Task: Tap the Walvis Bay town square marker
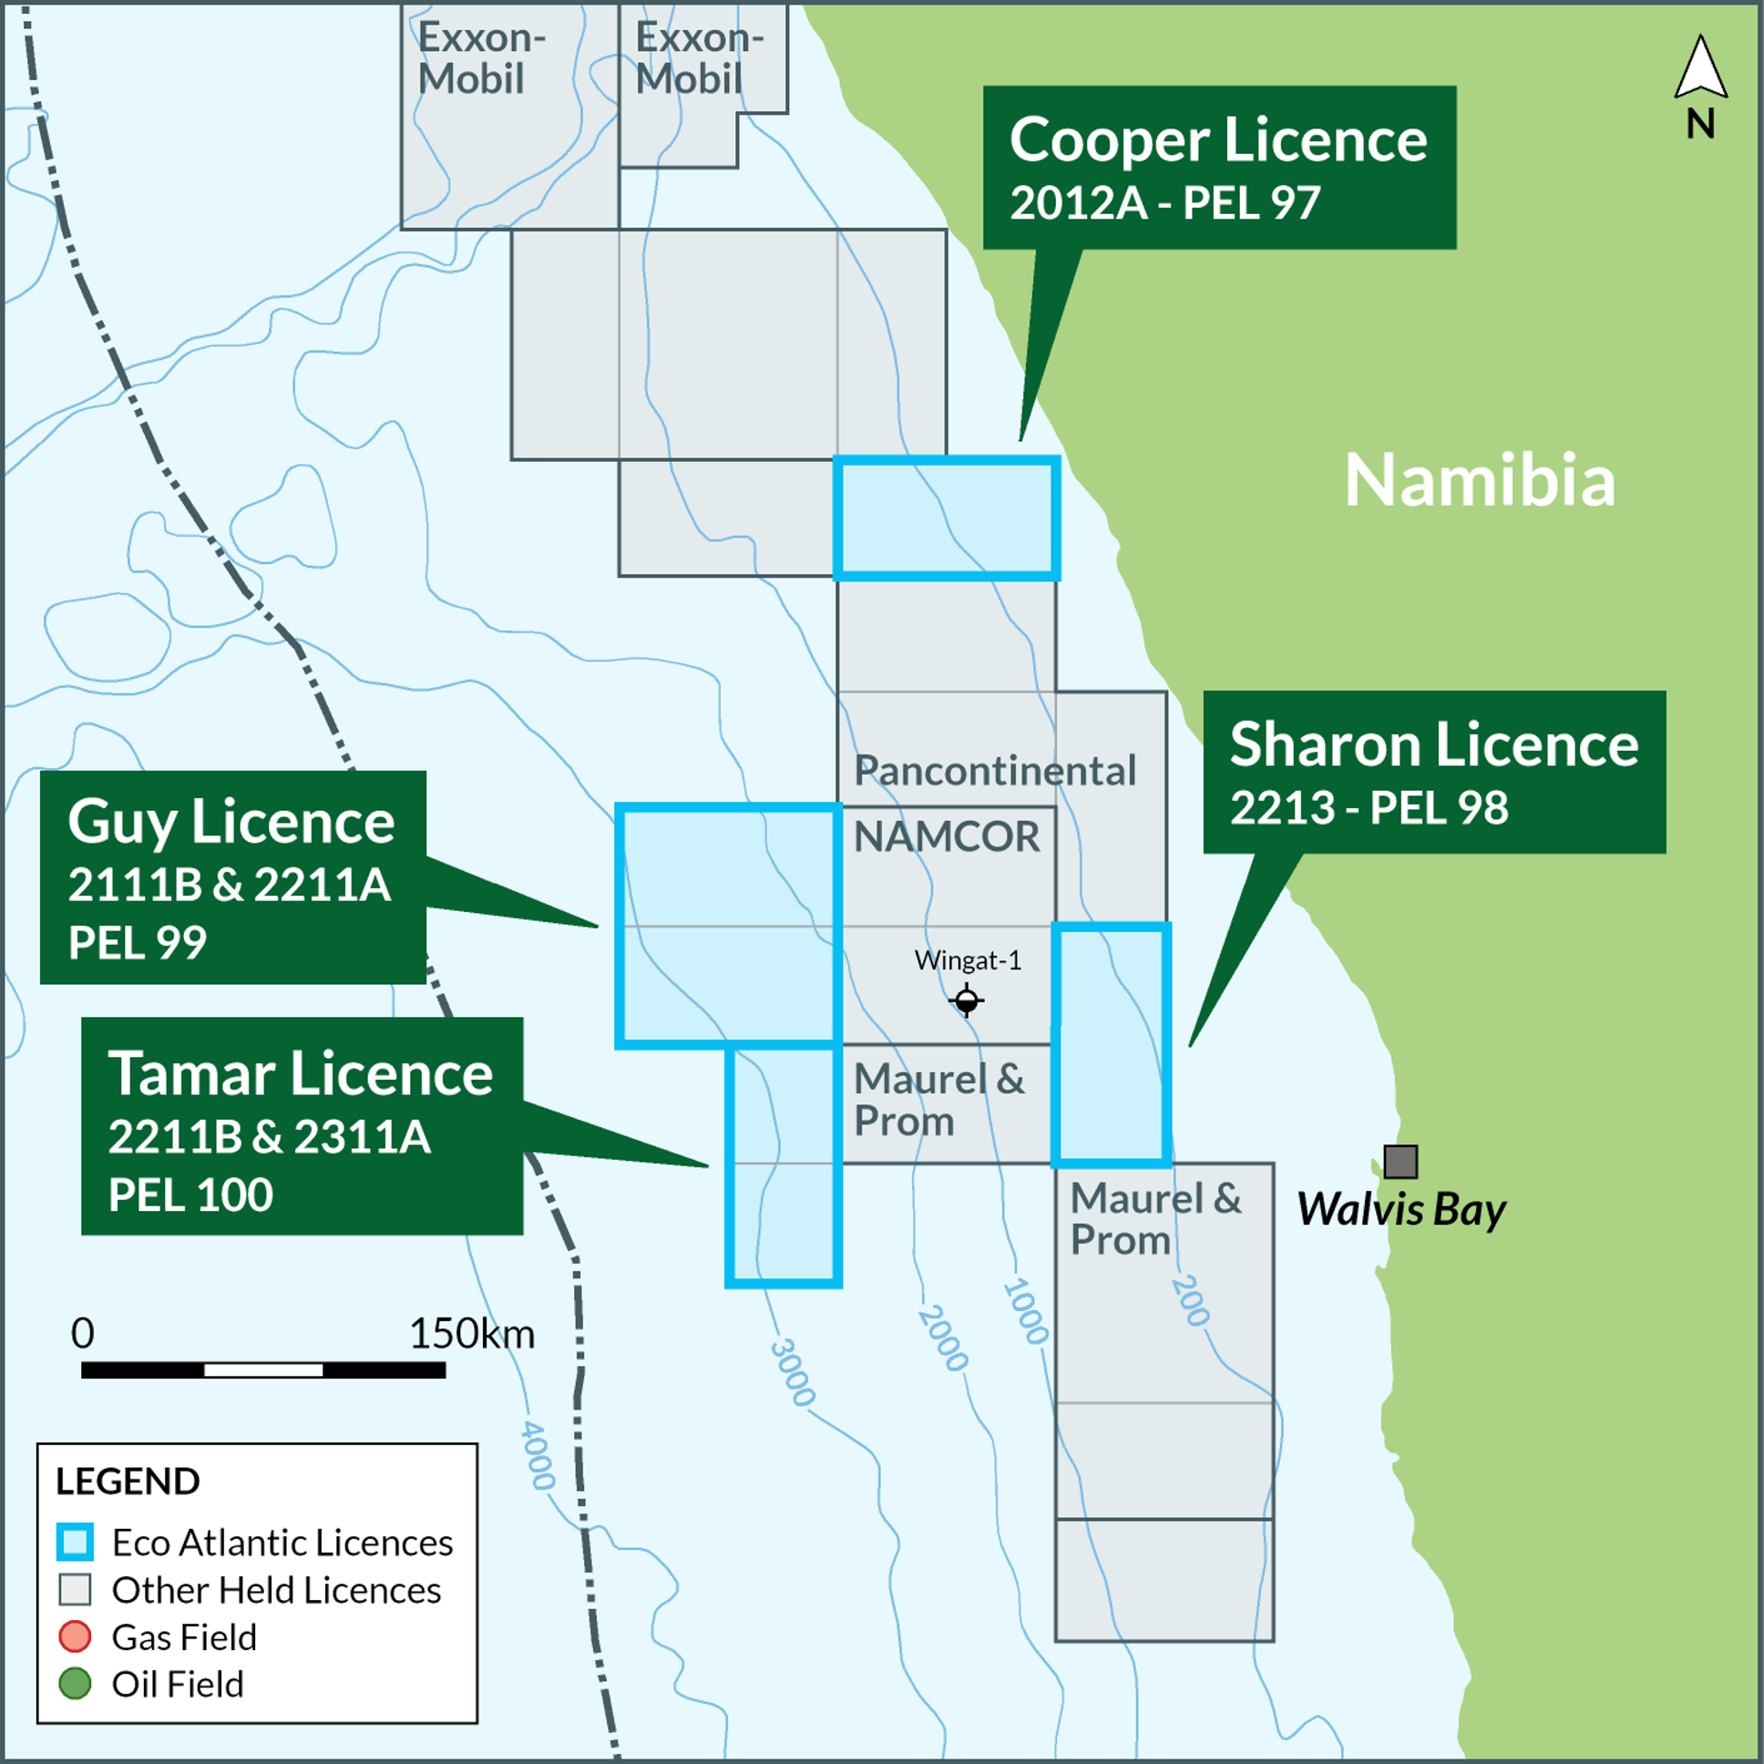(1400, 1162)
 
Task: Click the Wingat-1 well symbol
(966, 1000)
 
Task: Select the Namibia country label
(1480, 480)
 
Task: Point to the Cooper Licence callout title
(1218, 140)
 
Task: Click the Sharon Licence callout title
(1433, 745)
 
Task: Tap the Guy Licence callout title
(231, 823)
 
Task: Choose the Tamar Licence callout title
(301, 1073)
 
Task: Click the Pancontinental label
(995, 772)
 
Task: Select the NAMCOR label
(946, 836)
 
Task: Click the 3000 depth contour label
(792, 1371)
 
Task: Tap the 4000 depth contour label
(537, 1455)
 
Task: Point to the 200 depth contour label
(1190, 1300)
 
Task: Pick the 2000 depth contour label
(942, 1338)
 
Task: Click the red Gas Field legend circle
(75, 1636)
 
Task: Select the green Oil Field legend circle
(75, 1684)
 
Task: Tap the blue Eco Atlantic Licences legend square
(75, 1542)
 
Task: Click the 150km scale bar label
(471, 1334)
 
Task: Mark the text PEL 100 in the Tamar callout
(190, 1195)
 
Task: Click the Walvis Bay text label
(1400, 1210)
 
